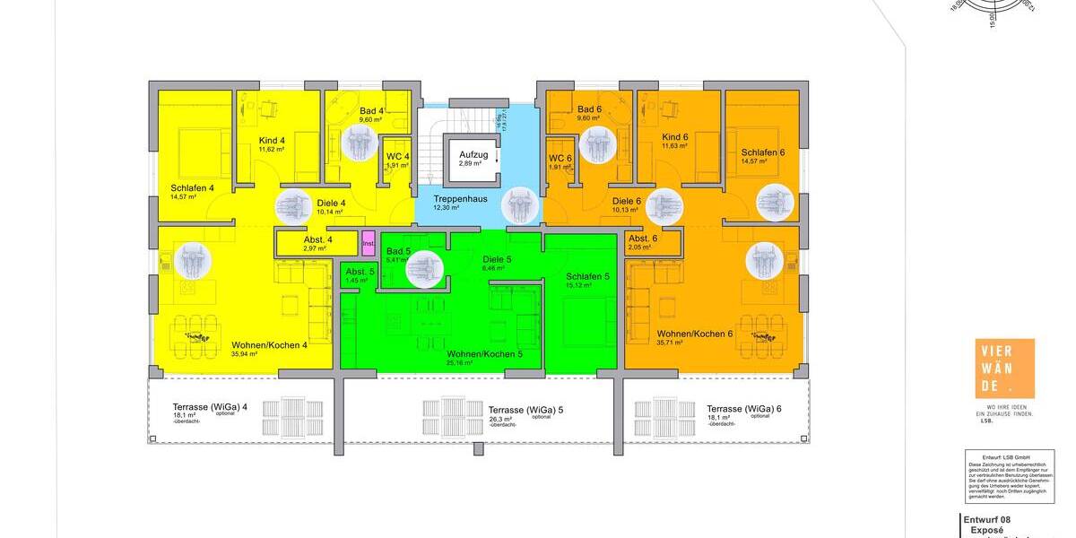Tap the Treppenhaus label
pyautogui.click(x=460, y=198)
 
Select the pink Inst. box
pyautogui.click(x=368, y=243)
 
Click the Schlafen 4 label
pyautogui.click(x=192, y=188)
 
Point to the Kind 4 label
pyautogui.click(x=272, y=141)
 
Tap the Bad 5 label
pyautogui.click(x=398, y=252)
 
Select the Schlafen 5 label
pyautogui.click(x=587, y=276)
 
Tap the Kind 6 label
pyautogui.click(x=674, y=137)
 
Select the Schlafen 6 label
pyautogui.click(x=762, y=152)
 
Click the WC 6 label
pyautogui.click(x=560, y=158)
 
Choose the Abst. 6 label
pyautogui.click(x=643, y=239)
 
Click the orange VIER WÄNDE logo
pyautogui.click(x=1004, y=369)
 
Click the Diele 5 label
pyautogui.click(x=497, y=260)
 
